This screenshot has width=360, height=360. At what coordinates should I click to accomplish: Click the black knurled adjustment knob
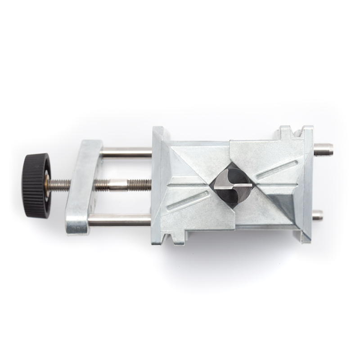point(36,185)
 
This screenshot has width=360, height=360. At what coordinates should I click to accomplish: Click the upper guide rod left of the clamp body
point(126,153)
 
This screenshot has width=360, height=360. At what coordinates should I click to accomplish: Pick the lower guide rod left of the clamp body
point(119,220)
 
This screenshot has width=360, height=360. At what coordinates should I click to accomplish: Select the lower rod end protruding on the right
point(318,215)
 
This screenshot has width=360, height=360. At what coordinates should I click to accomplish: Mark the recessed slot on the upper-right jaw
point(276,169)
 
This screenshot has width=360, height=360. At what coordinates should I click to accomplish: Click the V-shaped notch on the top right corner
point(296,132)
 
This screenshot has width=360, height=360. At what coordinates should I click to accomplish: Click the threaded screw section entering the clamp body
point(141,184)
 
